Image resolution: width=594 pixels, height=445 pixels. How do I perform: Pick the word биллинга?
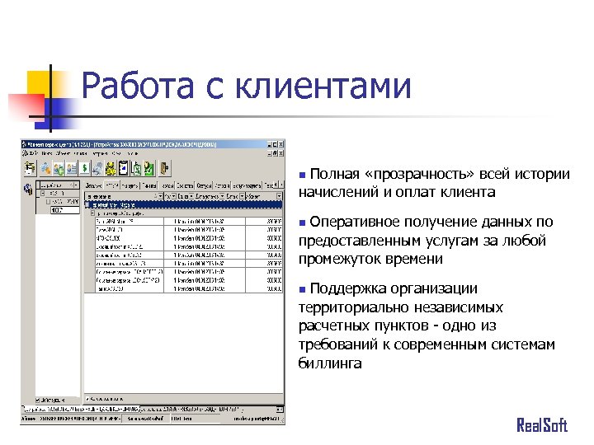coord(330,363)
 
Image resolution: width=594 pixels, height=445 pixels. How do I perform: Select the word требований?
coord(339,344)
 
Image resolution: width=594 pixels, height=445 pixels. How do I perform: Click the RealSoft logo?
coord(541,424)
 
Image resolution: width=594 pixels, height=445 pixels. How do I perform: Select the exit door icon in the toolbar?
coord(165,168)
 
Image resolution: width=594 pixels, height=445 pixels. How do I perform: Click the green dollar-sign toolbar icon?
coord(85,168)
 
